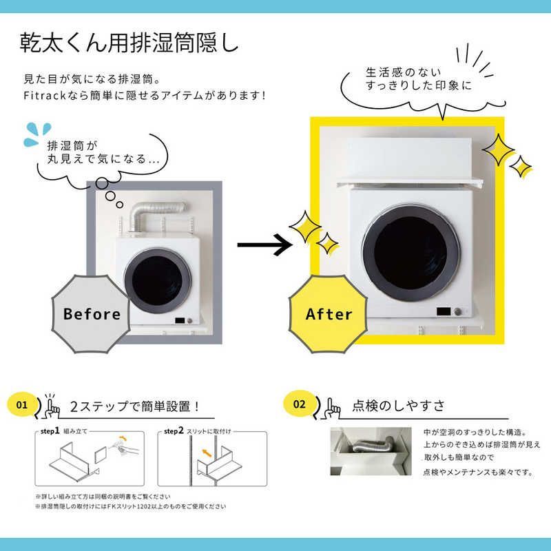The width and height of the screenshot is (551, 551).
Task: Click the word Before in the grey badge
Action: [x=92, y=314]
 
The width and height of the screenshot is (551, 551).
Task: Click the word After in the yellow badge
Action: [x=329, y=314]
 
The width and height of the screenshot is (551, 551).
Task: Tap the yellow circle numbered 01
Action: [x=22, y=404]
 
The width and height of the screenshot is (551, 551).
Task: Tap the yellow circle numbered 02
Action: [x=299, y=404]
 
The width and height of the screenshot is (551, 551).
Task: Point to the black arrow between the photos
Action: [x=264, y=245]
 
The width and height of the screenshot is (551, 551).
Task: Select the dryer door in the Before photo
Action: [x=158, y=281]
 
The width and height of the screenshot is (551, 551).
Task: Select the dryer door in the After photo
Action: [x=410, y=253]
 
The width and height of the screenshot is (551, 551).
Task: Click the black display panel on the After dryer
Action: [x=444, y=311]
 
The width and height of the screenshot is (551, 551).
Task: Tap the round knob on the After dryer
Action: [x=457, y=311]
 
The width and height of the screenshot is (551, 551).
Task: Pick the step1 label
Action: [x=50, y=431]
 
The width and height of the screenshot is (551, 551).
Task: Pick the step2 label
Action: [x=174, y=431]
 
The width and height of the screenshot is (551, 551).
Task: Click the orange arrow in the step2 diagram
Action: [x=207, y=453]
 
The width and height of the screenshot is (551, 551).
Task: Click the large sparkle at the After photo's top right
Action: [x=498, y=149]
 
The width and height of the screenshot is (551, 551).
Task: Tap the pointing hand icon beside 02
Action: [x=332, y=408]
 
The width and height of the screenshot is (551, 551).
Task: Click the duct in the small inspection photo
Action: [x=373, y=446]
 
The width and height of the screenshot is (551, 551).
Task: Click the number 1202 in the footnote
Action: [x=141, y=506]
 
